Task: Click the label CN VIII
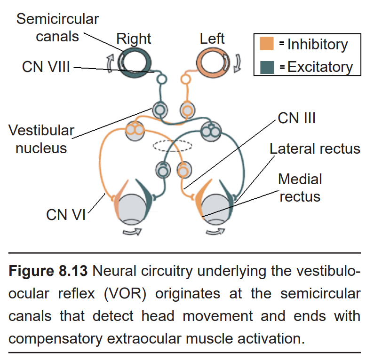click(46, 67)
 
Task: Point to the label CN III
click(296, 117)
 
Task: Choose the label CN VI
click(66, 215)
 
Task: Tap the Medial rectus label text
click(300, 188)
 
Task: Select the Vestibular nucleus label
click(41, 139)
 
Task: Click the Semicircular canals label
click(57, 28)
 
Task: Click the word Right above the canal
click(134, 39)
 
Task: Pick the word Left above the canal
click(212, 39)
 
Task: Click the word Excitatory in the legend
click(320, 67)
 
